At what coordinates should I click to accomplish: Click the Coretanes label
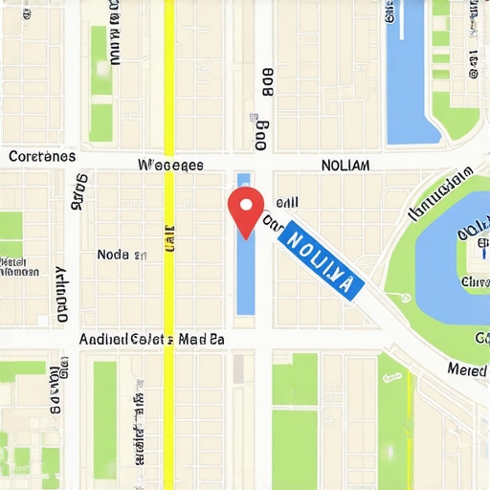(x=41, y=156)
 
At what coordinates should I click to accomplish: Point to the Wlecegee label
(x=170, y=165)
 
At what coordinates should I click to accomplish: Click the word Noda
(x=114, y=255)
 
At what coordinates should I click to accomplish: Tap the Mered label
(x=467, y=369)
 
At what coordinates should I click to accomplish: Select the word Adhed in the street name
(x=97, y=339)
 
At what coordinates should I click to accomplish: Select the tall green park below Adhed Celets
(x=104, y=421)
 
